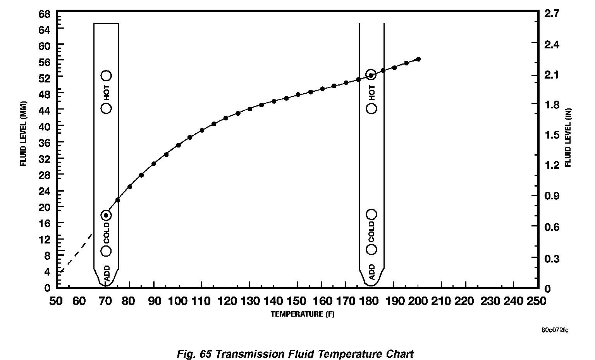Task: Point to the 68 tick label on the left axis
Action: click(45, 14)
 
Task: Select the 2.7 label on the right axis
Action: click(552, 14)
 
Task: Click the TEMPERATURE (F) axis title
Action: click(302, 314)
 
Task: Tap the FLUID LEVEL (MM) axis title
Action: click(23, 137)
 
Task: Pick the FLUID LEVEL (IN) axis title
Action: click(568, 138)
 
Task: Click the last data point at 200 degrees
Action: click(418, 59)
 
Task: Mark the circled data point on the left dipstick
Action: click(106, 215)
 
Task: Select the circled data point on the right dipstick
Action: click(371, 75)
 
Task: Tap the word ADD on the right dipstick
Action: click(371, 272)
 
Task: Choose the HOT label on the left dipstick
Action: click(107, 92)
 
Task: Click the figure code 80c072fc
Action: click(555, 330)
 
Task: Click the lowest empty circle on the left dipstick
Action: click(106, 251)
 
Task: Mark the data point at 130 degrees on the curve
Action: click(250, 109)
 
